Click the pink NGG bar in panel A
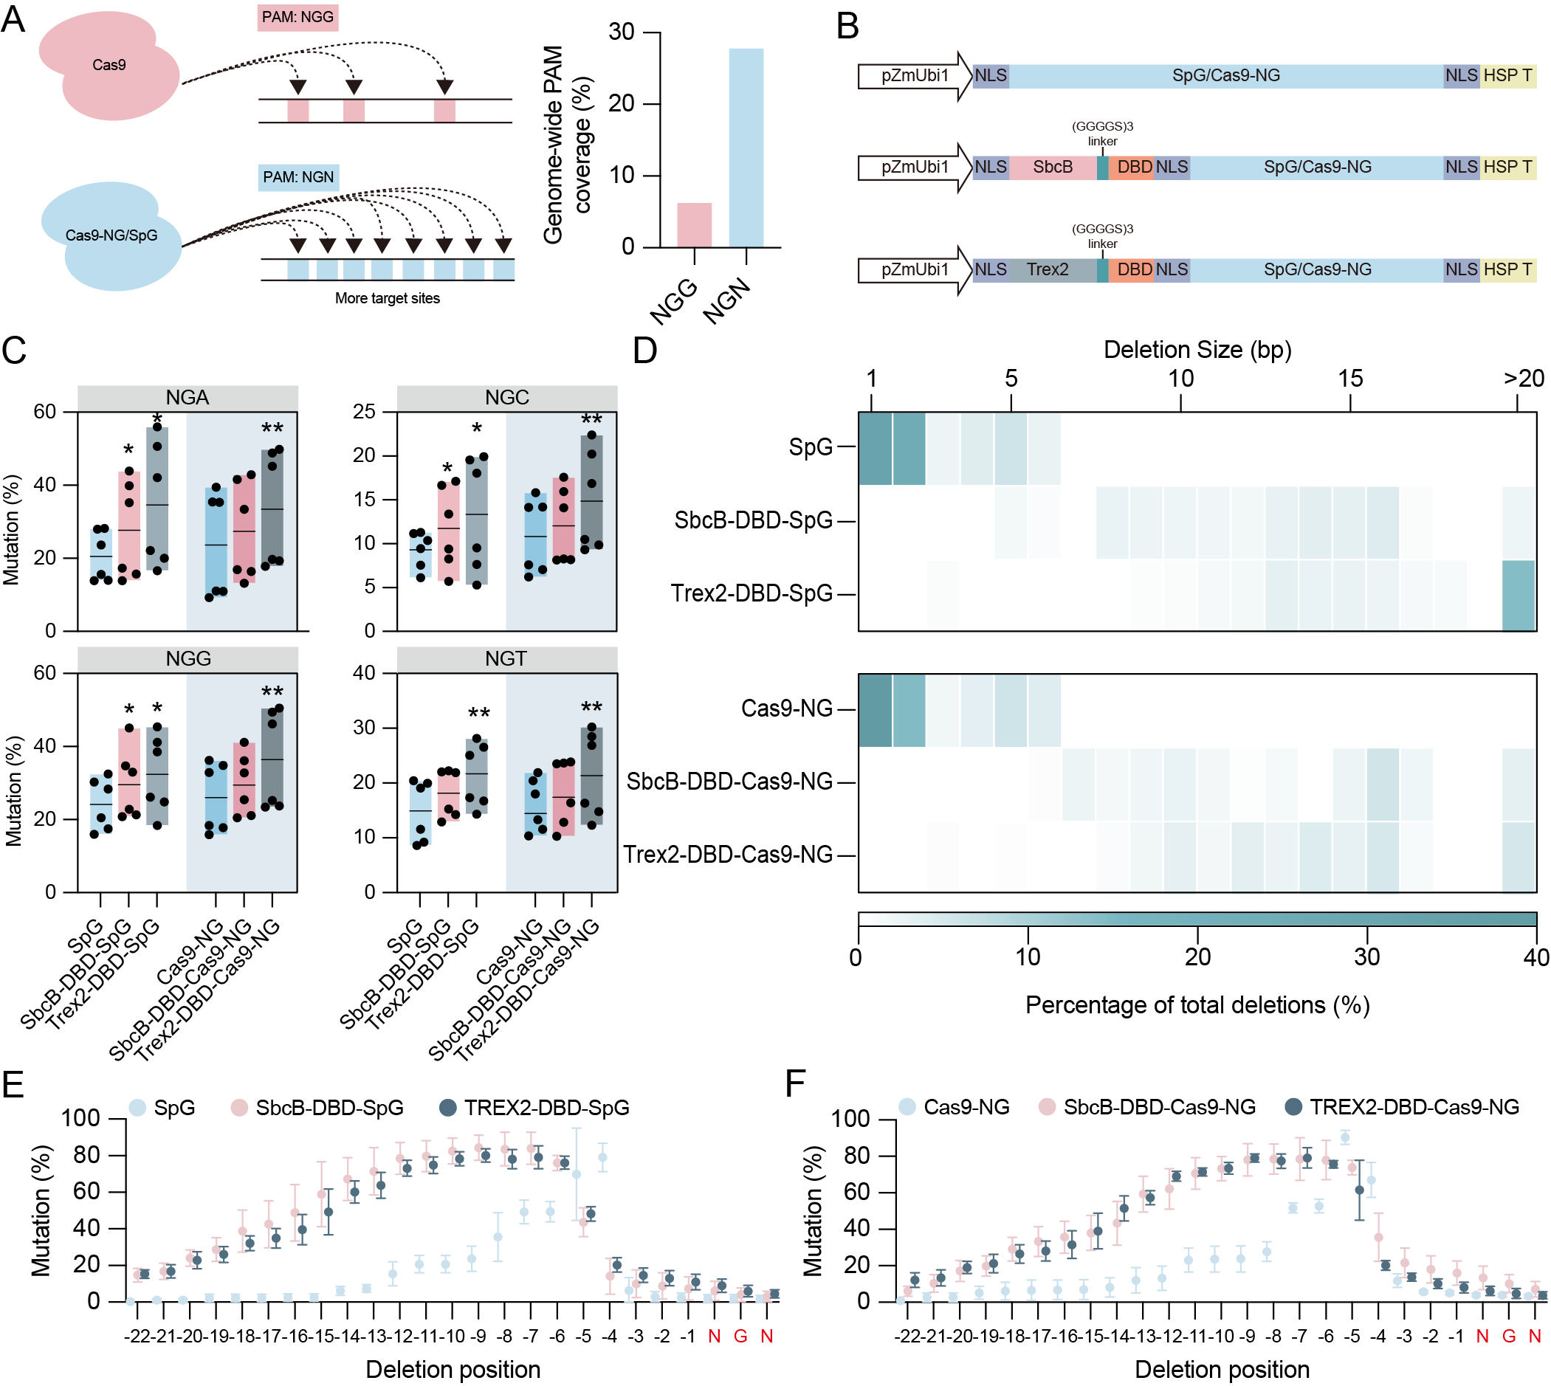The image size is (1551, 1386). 694,224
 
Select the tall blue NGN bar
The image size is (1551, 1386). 746,148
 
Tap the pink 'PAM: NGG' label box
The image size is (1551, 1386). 297,17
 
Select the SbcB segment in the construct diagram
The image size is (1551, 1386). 1052,167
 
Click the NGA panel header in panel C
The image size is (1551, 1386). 188,398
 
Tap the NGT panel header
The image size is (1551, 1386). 506,659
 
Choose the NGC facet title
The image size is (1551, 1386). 506,398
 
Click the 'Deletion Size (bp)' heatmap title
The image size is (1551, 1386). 1197,350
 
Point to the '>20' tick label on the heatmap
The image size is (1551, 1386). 1523,379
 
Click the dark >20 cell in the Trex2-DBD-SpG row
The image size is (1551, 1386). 1519,596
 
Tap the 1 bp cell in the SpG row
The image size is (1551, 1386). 875,449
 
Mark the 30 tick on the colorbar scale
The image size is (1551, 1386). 1366,956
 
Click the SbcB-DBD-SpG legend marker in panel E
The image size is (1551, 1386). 240,1108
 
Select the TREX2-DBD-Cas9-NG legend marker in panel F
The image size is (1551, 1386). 1293,1107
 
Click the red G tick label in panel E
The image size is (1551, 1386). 740,1337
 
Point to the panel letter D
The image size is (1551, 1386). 644,351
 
